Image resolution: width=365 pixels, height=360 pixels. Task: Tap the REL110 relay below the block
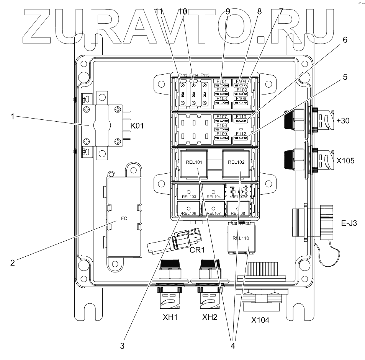pyautogui.click(x=239, y=238)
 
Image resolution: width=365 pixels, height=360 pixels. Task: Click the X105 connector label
pyautogui.click(x=345, y=161)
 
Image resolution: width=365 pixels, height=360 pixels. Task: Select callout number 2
pyautogui.click(x=12, y=262)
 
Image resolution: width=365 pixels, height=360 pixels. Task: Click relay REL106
pyautogui.click(x=189, y=213)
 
